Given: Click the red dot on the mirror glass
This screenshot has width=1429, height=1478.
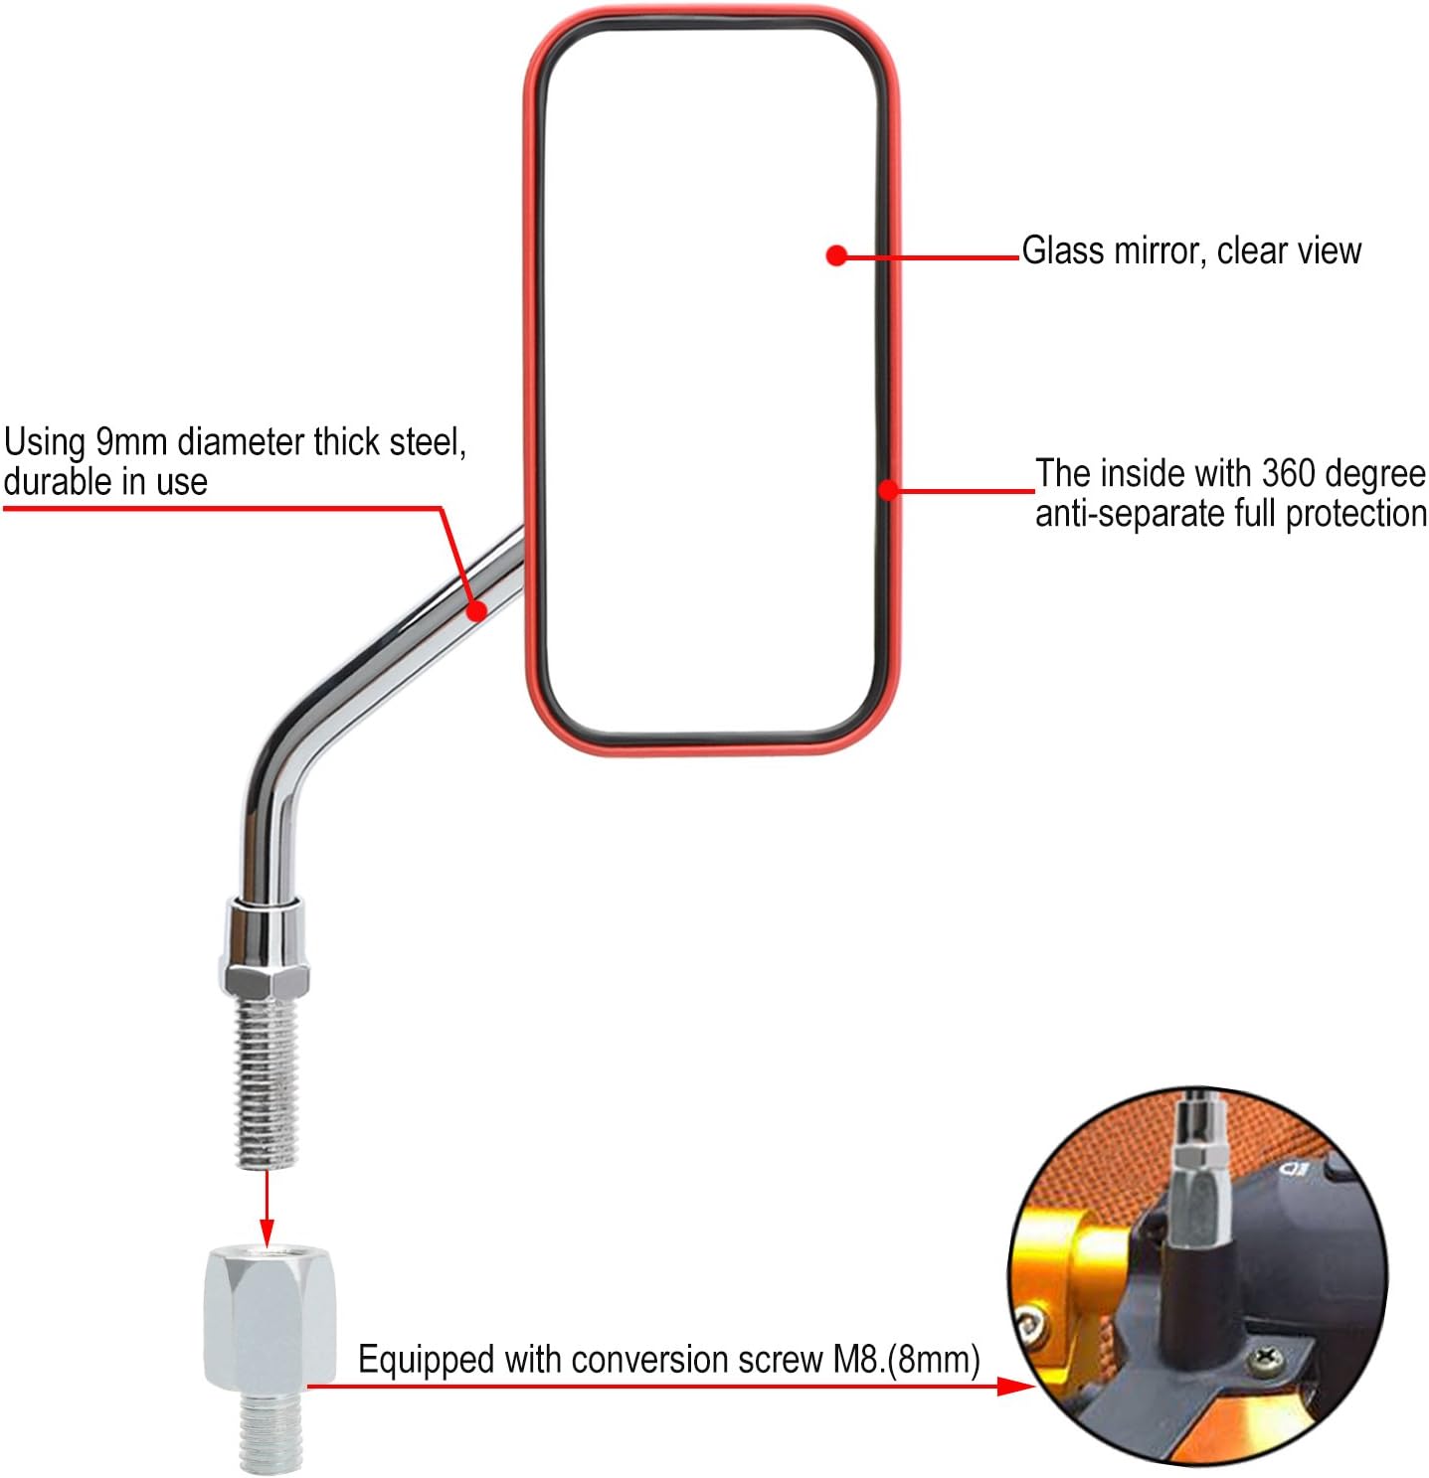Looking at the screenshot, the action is (x=835, y=255).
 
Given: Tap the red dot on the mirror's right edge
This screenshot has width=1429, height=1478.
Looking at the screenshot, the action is (x=888, y=490).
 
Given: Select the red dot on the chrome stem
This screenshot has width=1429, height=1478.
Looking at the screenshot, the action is (x=476, y=610).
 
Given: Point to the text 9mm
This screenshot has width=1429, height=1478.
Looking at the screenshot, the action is (x=130, y=442).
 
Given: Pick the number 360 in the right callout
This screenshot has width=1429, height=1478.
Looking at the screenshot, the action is (x=1288, y=474).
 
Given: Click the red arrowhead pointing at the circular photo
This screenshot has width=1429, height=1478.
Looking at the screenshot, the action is (x=1015, y=1387).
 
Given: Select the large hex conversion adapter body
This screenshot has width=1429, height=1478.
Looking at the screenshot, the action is (x=268, y=1318).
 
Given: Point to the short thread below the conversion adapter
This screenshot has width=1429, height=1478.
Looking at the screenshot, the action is (x=270, y=1429).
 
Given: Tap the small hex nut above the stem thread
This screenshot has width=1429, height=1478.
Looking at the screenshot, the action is (x=266, y=980).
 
